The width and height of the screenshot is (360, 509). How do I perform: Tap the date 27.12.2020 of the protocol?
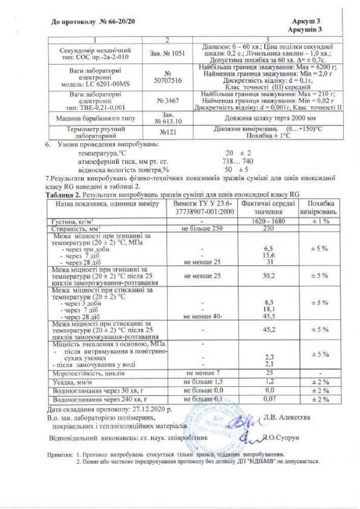(x=151, y=408)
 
